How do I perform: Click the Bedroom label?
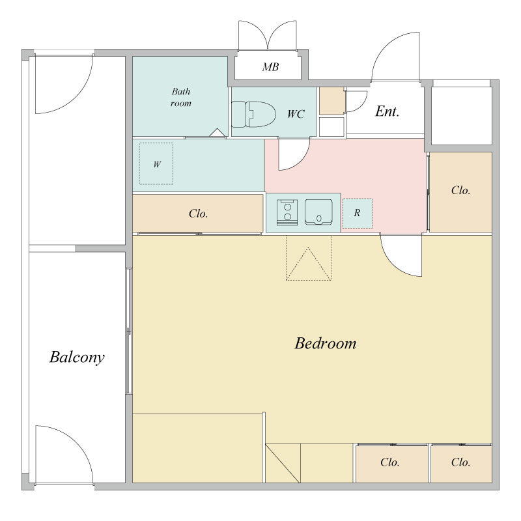tap(325, 343)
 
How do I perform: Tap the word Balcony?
tap(77, 358)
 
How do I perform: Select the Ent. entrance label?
tap(387, 111)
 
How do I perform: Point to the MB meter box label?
tap(270, 67)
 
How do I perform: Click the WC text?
tap(296, 114)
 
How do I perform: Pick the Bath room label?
tap(181, 97)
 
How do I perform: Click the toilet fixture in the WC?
tap(253, 115)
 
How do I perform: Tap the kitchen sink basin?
tap(318, 212)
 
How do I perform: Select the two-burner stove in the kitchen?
tap(287, 212)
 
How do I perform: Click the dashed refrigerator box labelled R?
tap(357, 214)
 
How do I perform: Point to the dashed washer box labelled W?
tap(156, 163)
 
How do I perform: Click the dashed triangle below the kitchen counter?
tap(308, 264)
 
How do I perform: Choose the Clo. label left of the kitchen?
tap(199, 214)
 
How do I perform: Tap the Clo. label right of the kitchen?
tap(460, 190)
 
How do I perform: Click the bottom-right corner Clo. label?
tap(460, 462)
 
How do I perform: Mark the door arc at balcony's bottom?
tap(79, 442)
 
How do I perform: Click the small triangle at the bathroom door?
tap(218, 133)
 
